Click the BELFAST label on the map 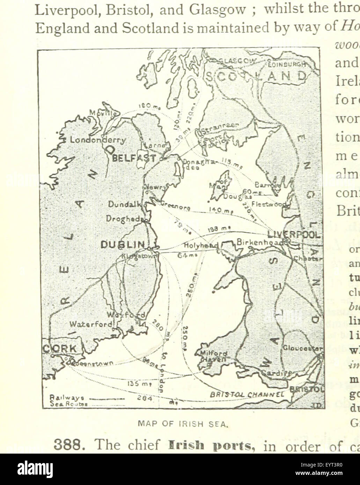point(134,158)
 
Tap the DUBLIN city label point(123,245)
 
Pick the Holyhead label point(201,246)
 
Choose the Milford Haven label point(213,356)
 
